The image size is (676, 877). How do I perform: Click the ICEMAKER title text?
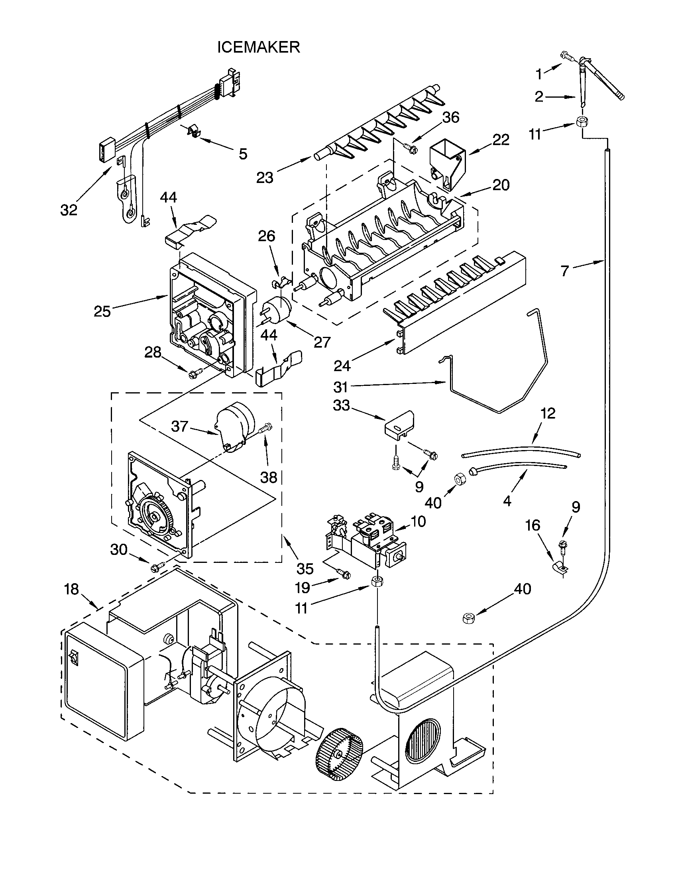259,47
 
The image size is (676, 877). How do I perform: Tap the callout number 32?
69,210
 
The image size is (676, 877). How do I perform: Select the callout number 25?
102,311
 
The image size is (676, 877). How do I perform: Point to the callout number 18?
72,590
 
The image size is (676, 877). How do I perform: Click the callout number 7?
565,271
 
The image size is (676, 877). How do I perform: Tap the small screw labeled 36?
411,149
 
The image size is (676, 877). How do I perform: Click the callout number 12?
548,413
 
